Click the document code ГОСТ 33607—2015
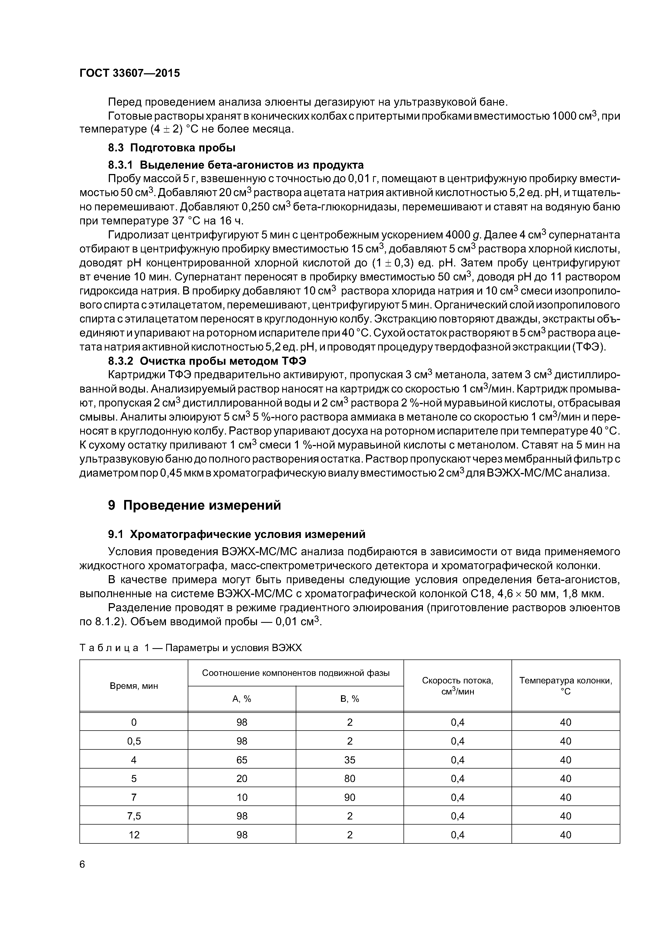click(x=130, y=73)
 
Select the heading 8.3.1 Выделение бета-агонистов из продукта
click(x=236, y=165)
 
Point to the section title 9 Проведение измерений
click(x=194, y=505)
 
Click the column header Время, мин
click(x=134, y=686)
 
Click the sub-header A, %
click(x=242, y=699)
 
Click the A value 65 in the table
click(x=242, y=759)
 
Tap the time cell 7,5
click(x=134, y=816)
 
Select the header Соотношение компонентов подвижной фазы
click(x=295, y=673)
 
